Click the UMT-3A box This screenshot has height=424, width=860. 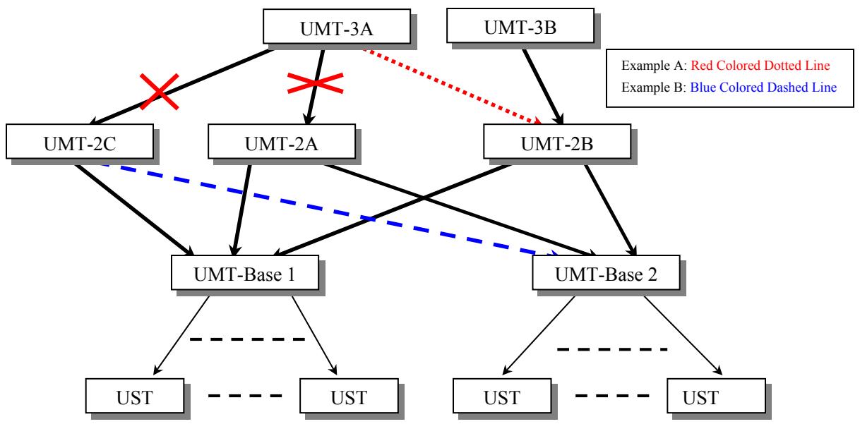328,28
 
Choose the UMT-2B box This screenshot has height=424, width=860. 557,143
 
